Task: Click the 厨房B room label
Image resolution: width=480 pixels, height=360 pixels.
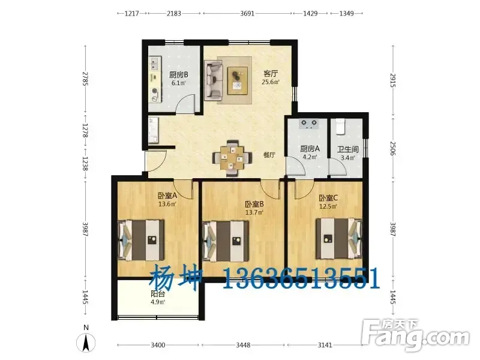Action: coord(178,74)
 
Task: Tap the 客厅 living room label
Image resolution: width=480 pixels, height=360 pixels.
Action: coord(271,74)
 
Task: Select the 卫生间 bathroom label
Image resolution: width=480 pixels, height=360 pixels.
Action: coord(348,149)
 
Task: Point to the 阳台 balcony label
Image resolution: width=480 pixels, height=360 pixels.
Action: coord(158,294)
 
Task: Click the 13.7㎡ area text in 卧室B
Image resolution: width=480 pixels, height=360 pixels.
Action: coord(254,212)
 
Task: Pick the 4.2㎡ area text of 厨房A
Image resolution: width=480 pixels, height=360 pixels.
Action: coord(310,157)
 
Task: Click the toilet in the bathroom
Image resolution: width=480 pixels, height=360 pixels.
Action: coord(340,127)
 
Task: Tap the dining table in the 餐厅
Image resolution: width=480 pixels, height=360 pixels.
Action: coord(233,158)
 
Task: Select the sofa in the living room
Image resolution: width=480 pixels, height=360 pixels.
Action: coord(214,80)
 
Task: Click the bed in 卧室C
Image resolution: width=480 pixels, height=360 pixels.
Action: coord(339,238)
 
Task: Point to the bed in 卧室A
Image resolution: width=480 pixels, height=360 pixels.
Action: coord(141,240)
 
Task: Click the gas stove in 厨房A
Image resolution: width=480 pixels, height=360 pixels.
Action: coord(308,124)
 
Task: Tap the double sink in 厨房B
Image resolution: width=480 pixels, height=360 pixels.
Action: coord(154,64)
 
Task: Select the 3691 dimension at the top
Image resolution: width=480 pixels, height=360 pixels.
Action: coord(247,13)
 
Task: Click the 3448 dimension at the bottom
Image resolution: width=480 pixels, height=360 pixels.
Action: coord(243,345)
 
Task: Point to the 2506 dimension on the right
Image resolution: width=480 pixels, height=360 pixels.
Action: coord(393,148)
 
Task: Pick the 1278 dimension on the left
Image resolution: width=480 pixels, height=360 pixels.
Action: coord(85,131)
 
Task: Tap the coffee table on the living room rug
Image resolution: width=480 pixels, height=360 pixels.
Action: coord(238,81)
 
